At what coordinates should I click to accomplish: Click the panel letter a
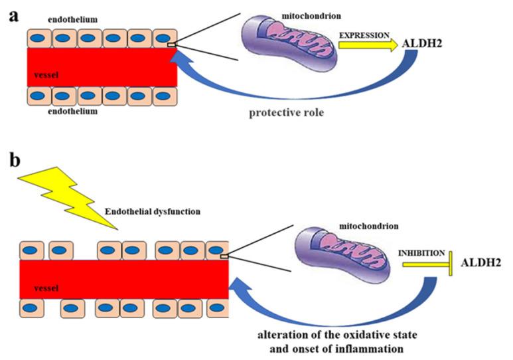click(x=13, y=17)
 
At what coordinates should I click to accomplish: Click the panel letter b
click(x=15, y=161)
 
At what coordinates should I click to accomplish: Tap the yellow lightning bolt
click(x=67, y=197)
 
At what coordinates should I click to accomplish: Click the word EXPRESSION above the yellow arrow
click(x=364, y=35)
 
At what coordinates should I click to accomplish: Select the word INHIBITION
click(x=421, y=253)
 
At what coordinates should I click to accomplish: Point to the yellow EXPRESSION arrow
click(x=368, y=45)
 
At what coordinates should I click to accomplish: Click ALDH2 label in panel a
click(x=421, y=43)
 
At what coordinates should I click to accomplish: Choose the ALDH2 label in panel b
click(x=480, y=262)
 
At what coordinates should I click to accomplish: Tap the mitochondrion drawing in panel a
click(x=289, y=45)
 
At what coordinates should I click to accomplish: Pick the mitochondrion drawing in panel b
click(x=343, y=255)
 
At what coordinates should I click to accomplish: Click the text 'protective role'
click(x=287, y=113)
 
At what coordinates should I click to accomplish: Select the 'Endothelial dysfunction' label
click(x=153, y=212)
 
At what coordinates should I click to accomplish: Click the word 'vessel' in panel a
click(x=46, y=75)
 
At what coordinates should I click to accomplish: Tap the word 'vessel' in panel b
click(x=46, y=288)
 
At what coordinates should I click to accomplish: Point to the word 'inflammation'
click(x=370, y=349)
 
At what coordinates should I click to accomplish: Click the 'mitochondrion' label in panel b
click(x=369, y=226)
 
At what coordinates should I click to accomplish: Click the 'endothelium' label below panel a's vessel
click(x=72, y=112)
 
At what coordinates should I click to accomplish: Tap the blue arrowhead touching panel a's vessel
click(x=179, y=58)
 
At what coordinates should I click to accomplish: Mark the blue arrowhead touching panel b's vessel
click(x=238, y=287)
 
